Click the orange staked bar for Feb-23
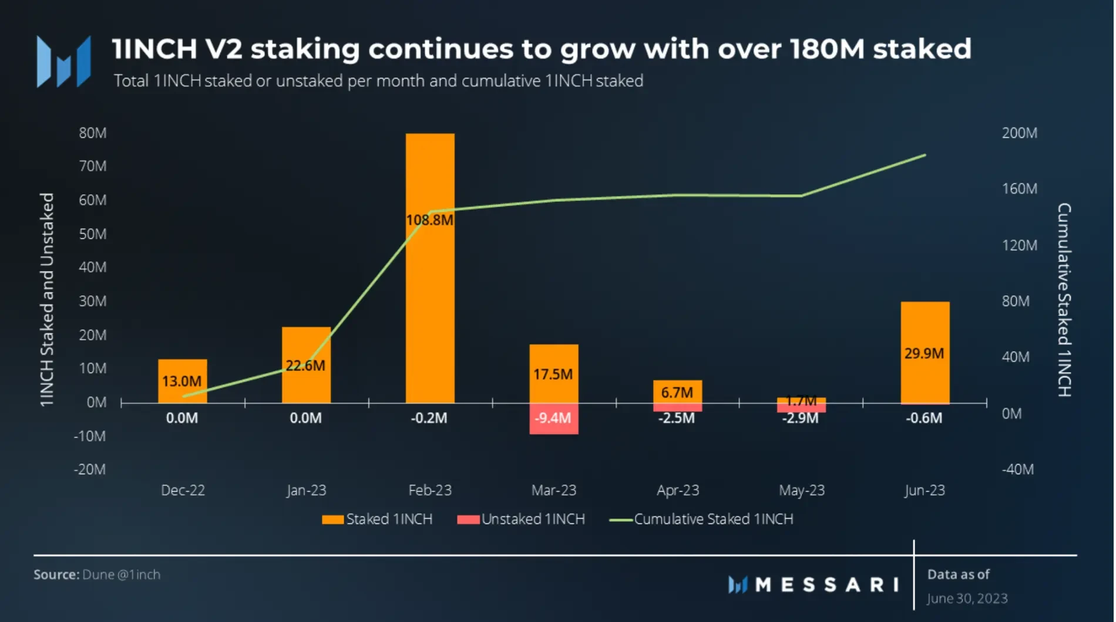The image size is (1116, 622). (x=430, y=293)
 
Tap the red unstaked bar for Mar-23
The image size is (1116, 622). (x=553, y=419)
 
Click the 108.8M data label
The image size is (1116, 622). (x=430, y=220)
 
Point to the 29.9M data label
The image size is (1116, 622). (x=924, y=353)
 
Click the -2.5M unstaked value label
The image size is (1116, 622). (x=676, y=418)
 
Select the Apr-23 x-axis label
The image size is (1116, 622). (x=678, y=490)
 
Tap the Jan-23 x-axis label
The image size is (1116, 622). (x=306, y=490)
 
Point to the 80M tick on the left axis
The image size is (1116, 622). (x=93, y=133)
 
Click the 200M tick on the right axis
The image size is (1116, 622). (x=1019, y=133)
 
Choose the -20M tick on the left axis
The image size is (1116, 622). (x=90, y=469)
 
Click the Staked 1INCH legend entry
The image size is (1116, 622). (x=377, y=519)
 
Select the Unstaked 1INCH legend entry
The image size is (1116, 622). (x=521, y=519)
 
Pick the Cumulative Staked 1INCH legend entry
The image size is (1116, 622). (x=702, y=519)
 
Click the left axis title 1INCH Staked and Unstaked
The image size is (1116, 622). (x=47, y=299)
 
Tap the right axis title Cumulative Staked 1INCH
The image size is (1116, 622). (x=1064, y=299)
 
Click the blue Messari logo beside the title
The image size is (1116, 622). (x=63, y=62)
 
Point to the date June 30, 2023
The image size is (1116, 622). (x=967, y=599)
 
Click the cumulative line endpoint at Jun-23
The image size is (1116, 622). (x=925, y=155)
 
